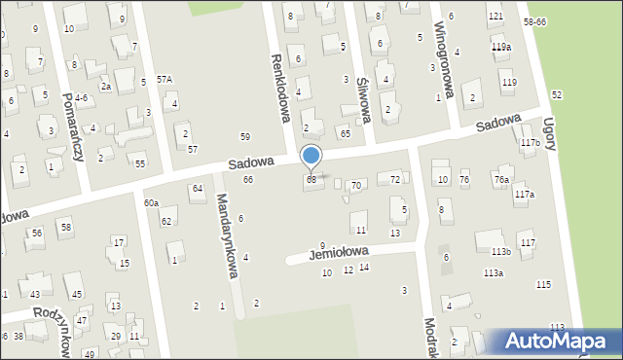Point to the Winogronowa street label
444,57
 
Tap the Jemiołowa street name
339,253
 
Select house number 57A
165,80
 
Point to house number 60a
151,202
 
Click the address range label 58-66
562,21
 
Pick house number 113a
494,273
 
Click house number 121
495,18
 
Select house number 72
395,179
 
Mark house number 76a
501,179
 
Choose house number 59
245,136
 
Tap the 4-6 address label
81,98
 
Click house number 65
345,131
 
